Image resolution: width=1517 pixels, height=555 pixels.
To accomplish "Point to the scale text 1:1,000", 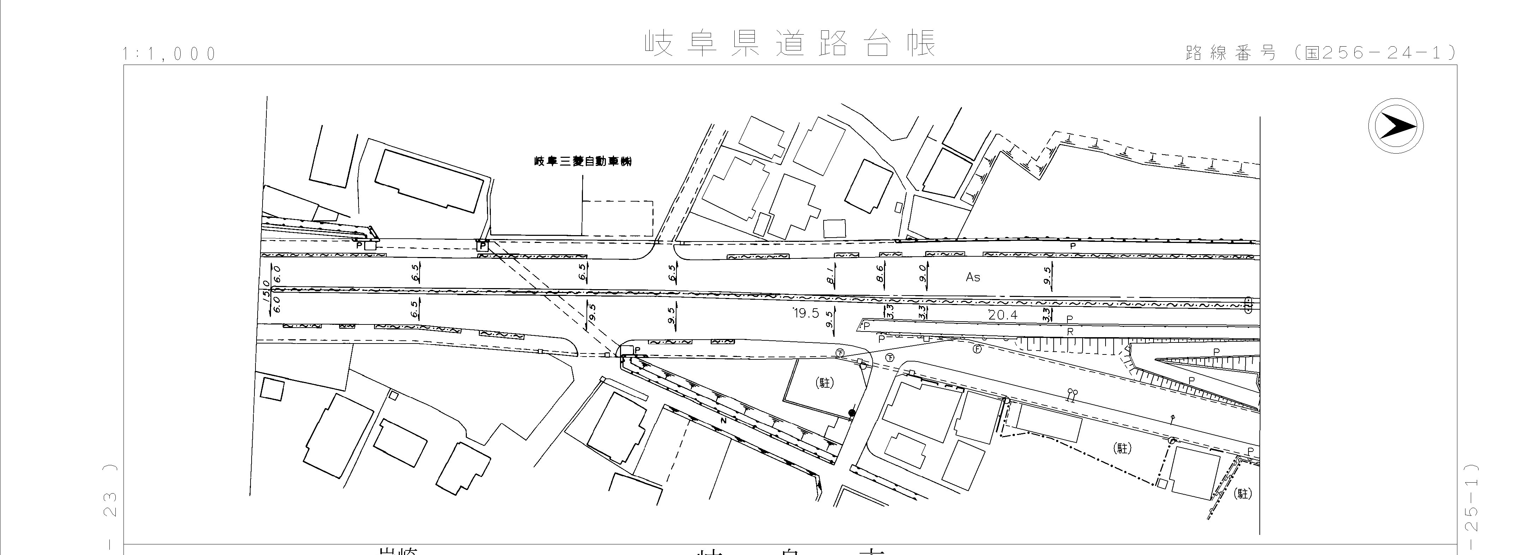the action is (170, 54).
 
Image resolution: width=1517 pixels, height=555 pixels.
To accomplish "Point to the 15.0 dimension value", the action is (266, 291).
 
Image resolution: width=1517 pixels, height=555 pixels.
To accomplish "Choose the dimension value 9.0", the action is (924, 273).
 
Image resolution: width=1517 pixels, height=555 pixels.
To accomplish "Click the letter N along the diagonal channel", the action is (723, 421).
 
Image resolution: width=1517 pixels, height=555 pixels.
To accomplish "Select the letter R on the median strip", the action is (1070, 332).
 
